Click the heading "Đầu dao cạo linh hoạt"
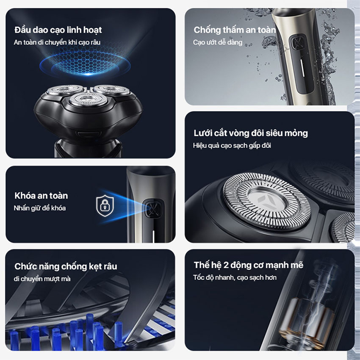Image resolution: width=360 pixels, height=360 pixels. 58,30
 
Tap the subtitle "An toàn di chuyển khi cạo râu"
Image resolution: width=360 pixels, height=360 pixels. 57,42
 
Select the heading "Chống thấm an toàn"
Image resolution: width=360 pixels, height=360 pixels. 234,30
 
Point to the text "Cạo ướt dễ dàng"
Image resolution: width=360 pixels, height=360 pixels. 218,42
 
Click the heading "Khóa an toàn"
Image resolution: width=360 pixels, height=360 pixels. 41,196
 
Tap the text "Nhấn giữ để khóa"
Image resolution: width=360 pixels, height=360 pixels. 40,208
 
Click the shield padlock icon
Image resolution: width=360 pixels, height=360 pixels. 105,206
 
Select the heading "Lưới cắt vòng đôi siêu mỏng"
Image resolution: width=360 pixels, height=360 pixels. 251,133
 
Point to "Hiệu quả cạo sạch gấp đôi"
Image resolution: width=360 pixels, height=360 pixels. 232,146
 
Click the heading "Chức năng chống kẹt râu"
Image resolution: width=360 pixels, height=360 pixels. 66,266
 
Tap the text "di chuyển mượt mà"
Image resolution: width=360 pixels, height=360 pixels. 42,279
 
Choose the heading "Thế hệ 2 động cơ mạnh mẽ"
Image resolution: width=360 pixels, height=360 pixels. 249,265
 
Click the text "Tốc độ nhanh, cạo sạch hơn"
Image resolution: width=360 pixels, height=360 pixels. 235,277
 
